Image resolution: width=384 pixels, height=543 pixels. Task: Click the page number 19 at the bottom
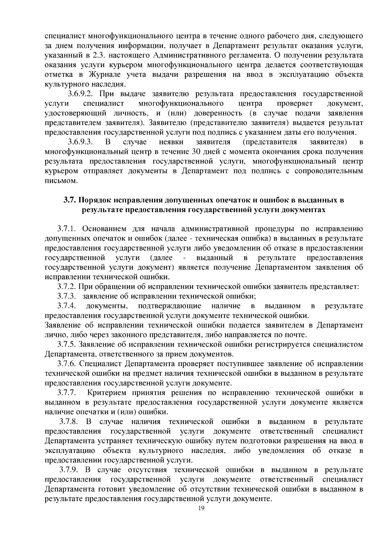(x=201, y=508)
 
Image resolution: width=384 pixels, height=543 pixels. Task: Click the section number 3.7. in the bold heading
(x=69, y=200)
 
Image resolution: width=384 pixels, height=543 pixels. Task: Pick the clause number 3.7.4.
(x=66, y=306)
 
